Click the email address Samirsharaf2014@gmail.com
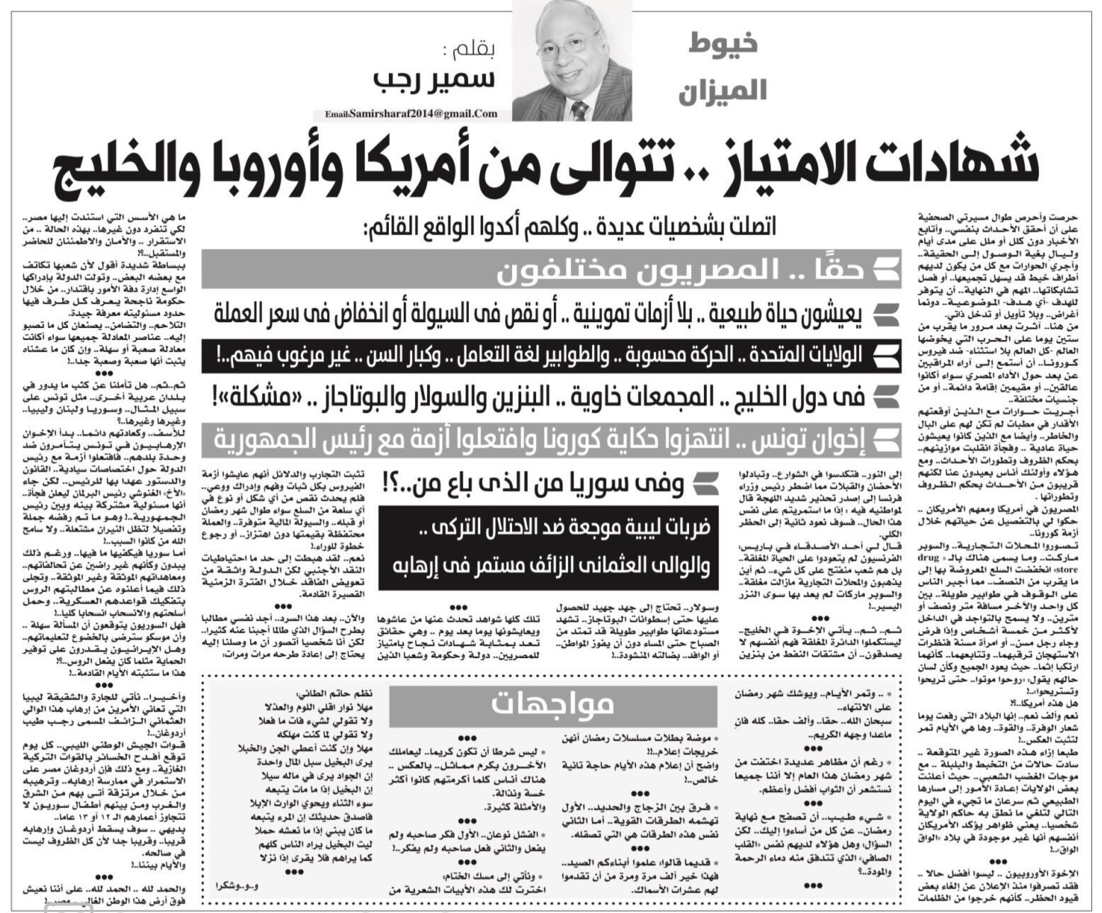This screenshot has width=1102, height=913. [411, 113]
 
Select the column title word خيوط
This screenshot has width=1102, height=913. [722, 43]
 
